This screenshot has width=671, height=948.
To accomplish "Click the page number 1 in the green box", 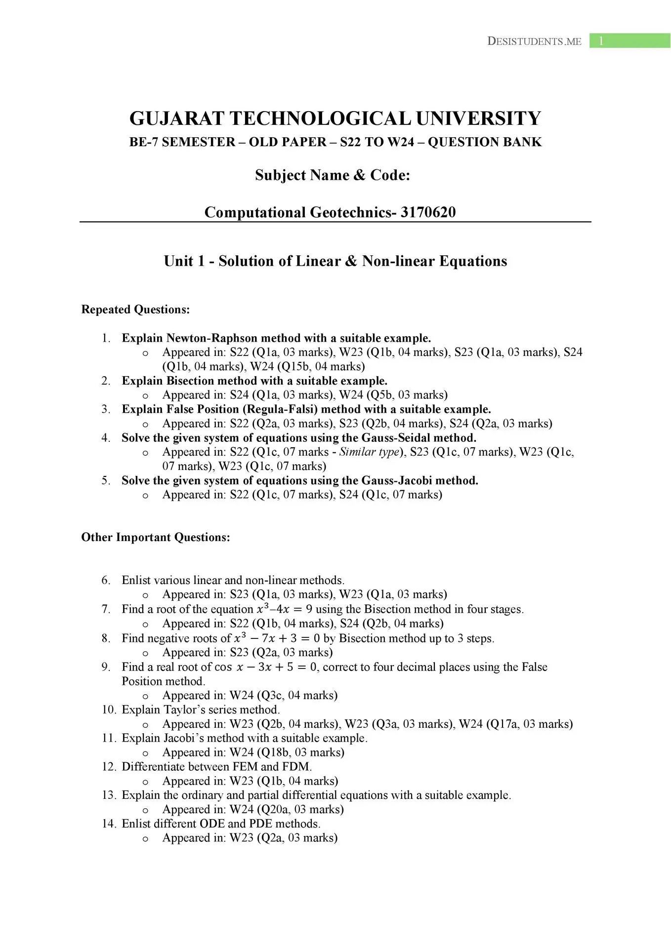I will [x=601, y=41].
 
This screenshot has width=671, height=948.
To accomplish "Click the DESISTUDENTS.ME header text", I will [x=534, y=41].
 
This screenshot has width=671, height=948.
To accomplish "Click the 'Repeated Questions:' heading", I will [x=135, y=310].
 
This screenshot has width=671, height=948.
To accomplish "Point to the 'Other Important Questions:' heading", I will [x=156, y=537].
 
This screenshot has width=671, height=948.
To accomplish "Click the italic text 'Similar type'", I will [x=369, y=452].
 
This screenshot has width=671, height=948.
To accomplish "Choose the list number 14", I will [x=108, y=824].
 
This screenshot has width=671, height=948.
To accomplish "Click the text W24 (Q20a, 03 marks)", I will [x=287, y=809].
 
